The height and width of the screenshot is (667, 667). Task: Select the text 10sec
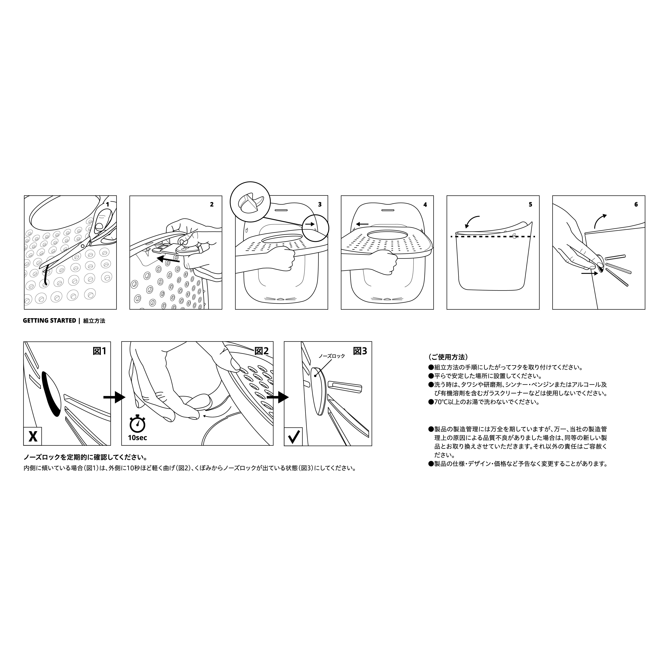[137, 438]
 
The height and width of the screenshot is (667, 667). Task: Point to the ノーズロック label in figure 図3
[331, 356]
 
